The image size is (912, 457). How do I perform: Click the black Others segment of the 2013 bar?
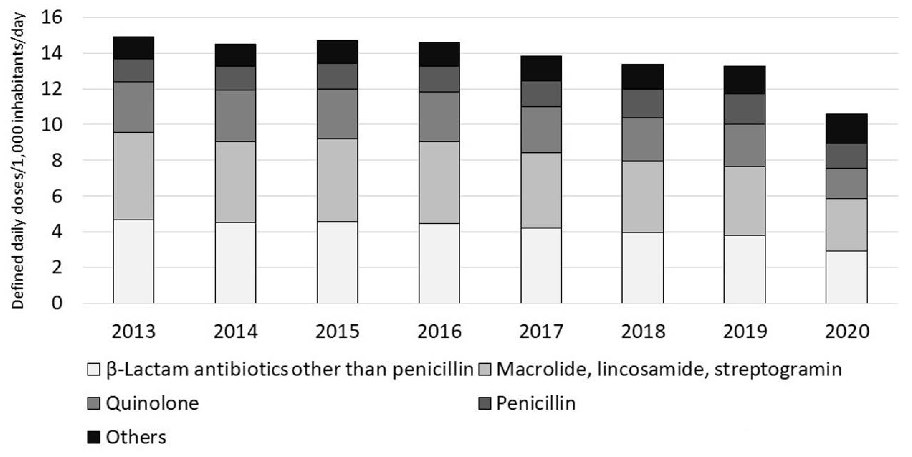(x=134, y=48)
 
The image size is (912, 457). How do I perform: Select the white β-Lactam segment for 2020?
(x=847, y=277)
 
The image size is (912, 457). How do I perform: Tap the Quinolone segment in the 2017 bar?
(x=541, y=130)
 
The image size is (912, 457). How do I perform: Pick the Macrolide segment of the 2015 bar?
(x=337, y=180)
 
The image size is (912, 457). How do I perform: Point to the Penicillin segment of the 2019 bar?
(x=745, y=109)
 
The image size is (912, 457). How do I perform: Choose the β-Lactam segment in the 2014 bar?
(x=235, y=263)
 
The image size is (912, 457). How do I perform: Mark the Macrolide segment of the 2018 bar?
(x=643, y=197)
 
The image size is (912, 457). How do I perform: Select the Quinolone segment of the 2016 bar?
(x=439, y=117)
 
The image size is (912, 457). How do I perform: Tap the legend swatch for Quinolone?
(x=93, y=403)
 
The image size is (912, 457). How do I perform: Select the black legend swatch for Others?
(x=93, y=437)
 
